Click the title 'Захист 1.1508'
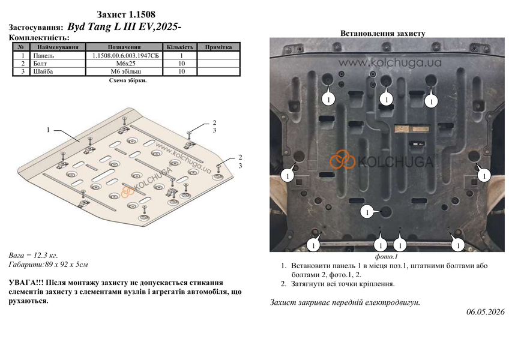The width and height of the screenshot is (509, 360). (126, 14)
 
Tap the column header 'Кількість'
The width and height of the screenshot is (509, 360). (180, 47)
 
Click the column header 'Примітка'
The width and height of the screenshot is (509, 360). (218, 47)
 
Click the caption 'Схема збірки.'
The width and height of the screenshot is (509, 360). (128, 80)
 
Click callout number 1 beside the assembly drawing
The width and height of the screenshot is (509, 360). (48, 130)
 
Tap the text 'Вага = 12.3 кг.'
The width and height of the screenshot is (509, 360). (33, 256)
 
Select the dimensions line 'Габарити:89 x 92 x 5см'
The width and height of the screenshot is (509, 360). (49, 265)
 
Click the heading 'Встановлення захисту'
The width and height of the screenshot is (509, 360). (383, 34)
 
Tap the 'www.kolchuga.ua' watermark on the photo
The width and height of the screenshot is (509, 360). (390, 62)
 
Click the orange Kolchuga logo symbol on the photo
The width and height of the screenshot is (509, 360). (342, 159)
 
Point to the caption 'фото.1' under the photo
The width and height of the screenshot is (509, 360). (387, 257)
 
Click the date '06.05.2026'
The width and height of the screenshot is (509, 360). (486, 312)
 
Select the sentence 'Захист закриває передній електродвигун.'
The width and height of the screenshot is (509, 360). (345, 302)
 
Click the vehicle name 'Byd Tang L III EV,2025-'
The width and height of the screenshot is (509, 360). (124, 26)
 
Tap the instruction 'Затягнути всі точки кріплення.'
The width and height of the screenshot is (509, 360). (343, 284)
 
